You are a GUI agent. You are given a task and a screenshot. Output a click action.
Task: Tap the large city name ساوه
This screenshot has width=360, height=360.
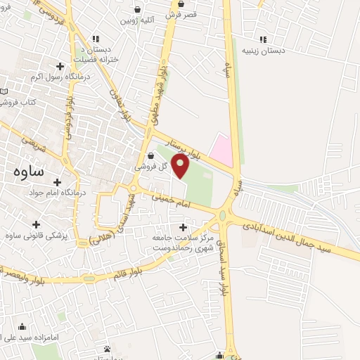pyautogui.click(x=30, y=171)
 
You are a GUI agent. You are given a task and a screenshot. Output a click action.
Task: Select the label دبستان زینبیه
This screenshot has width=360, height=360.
pyautogui.click(x=262, y=51)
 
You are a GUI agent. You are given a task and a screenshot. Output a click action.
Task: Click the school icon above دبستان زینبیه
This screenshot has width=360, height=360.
pyautogui.click(x=263, y=39)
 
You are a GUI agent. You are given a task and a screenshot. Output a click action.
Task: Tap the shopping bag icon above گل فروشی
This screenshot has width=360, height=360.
pyautogui.click(x=153, y=156)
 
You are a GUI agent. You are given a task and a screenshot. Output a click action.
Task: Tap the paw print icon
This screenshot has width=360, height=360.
pyautogui.click(x=107, y=349)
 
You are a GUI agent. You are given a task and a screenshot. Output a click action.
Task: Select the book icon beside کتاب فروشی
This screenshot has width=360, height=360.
pyautogui.click(x=4, y=91)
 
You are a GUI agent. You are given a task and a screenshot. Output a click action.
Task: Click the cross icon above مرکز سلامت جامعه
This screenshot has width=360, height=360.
pyautogui.click(x=184, y=227)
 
